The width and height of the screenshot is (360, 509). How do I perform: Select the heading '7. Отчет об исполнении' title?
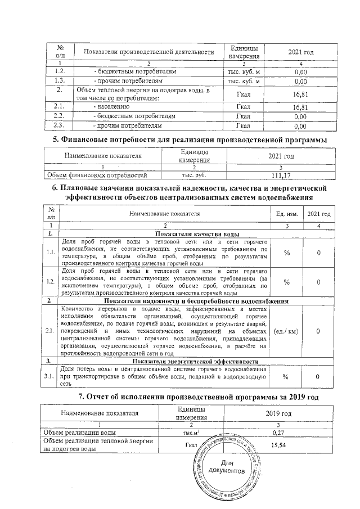pyautogui.click(x=199, y=397)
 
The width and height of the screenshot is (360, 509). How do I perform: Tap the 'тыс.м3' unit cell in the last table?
pyautogui.click(x=192, y=433)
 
